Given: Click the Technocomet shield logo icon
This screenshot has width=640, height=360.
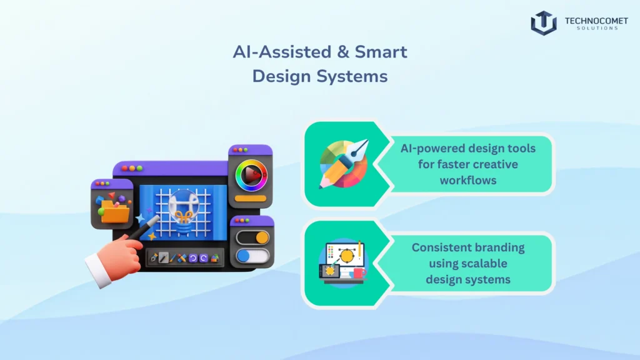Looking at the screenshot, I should click(543, 23).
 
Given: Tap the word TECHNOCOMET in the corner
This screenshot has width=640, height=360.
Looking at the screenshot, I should click(596, 21).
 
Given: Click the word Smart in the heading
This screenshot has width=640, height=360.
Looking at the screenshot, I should click(382, 52).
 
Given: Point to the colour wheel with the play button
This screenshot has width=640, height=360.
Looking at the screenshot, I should click(251, 175).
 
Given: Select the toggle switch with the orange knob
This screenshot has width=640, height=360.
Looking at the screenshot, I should click(252, 237).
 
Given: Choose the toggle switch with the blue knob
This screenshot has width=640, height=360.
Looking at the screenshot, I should click(252, 256).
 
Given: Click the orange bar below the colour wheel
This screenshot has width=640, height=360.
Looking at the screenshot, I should click(251, 199).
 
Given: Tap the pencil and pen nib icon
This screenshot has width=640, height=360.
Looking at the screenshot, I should click(343, 164).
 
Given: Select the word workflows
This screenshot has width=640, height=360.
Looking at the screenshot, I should click(468, 180).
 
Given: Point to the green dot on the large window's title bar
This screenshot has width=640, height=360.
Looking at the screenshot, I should click(140, 169).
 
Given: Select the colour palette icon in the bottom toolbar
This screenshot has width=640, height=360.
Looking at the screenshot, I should click(215, 257).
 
